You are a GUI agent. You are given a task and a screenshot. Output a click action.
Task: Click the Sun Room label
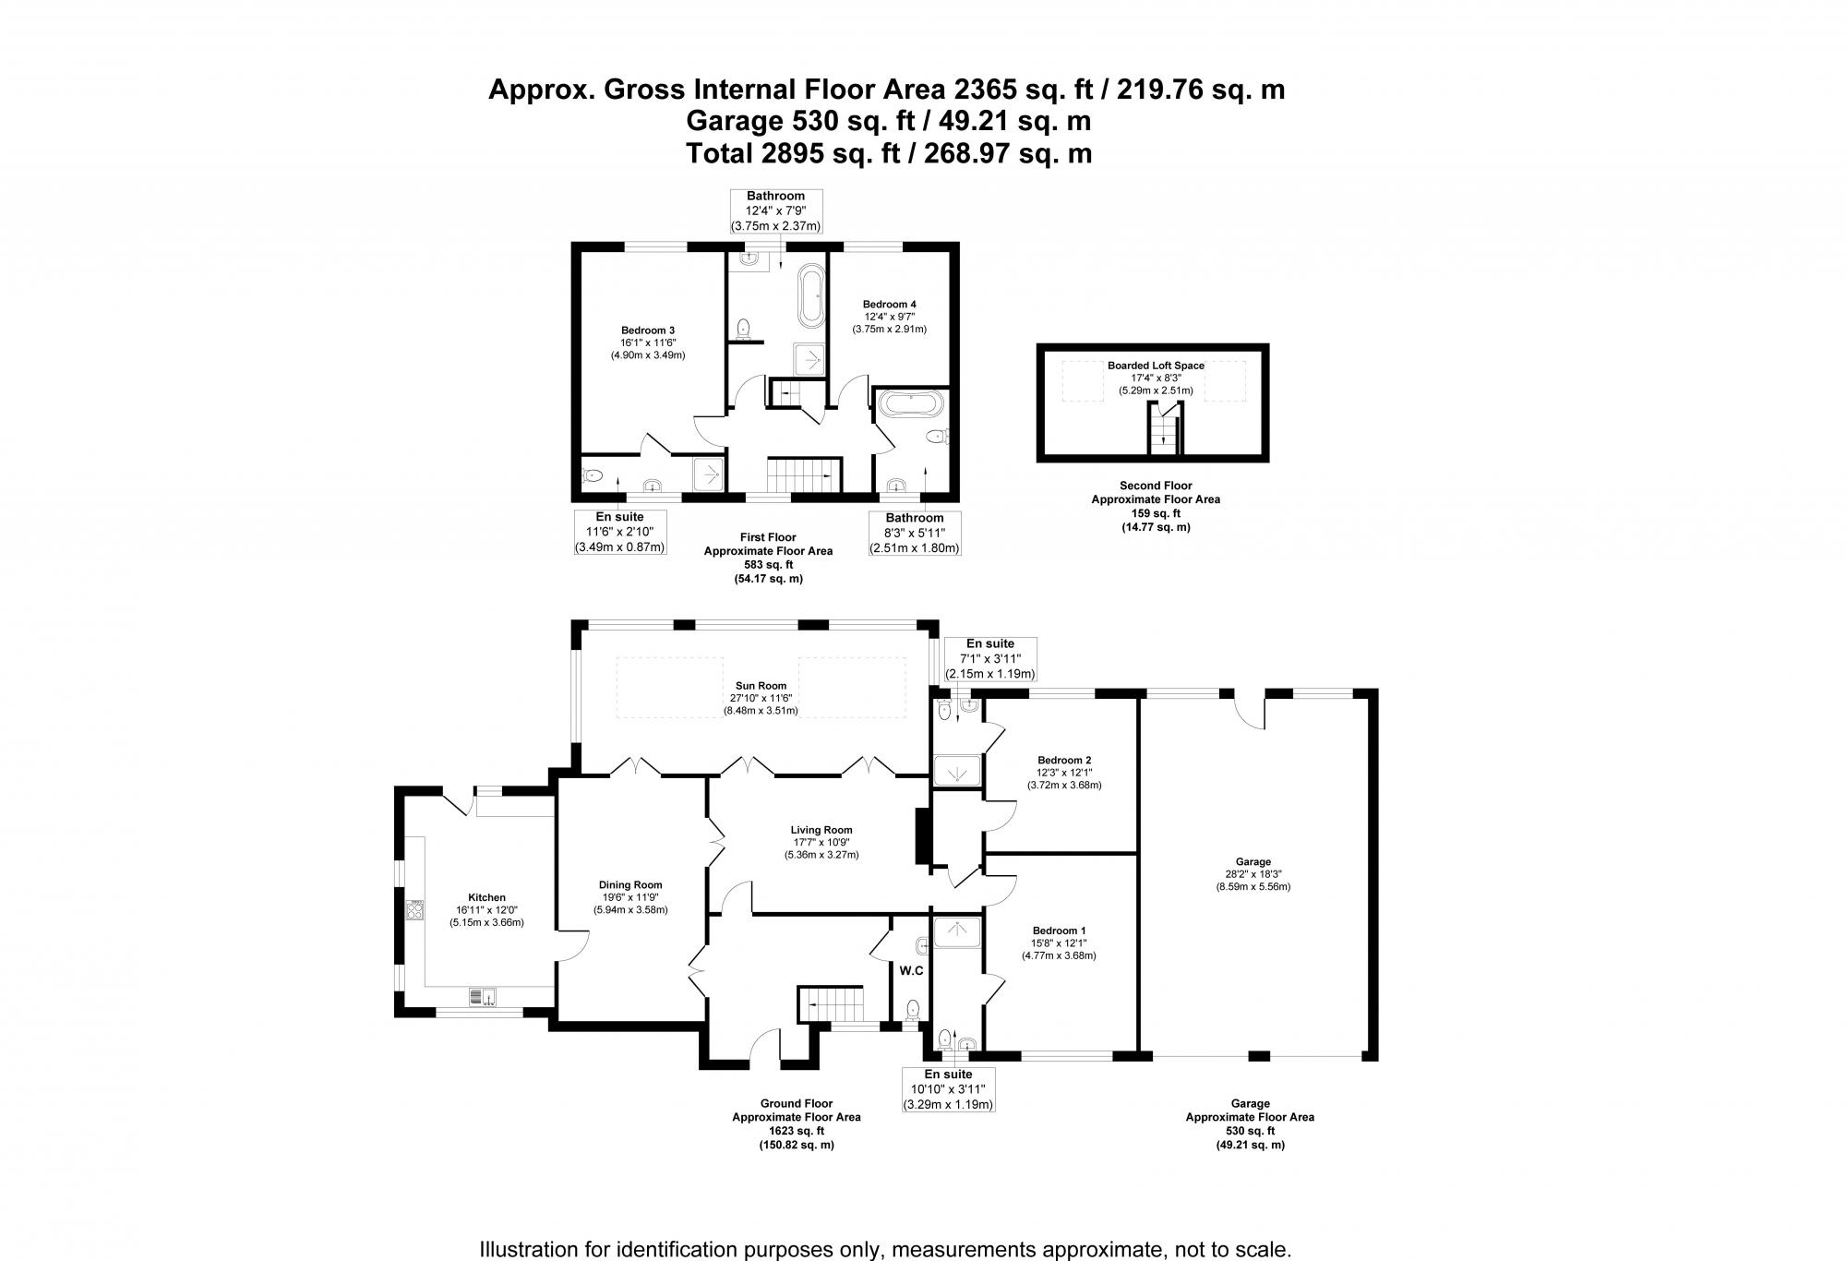761,686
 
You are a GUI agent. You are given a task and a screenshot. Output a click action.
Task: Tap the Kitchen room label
486,897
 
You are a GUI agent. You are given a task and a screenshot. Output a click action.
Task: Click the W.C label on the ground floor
912,970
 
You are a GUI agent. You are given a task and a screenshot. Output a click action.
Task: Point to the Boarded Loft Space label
1156,366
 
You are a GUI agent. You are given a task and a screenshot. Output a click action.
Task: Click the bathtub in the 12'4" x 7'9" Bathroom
812,295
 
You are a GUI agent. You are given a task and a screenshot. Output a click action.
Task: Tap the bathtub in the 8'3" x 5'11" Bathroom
910,403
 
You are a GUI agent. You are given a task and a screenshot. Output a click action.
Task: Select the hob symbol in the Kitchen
415,911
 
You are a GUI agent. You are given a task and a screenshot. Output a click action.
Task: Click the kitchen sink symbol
483,996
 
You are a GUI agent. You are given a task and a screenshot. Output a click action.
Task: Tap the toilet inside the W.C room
914,1008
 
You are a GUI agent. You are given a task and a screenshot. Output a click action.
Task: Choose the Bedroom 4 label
889,304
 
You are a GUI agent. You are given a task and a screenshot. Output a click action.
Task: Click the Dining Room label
630,884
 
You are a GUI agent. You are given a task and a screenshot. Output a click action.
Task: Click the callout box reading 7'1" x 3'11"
989,659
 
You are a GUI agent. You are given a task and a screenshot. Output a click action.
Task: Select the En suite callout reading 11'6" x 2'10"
619,532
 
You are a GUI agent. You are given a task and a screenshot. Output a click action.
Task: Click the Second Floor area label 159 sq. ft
1156,513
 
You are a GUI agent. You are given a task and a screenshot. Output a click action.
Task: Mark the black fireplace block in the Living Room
921,836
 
